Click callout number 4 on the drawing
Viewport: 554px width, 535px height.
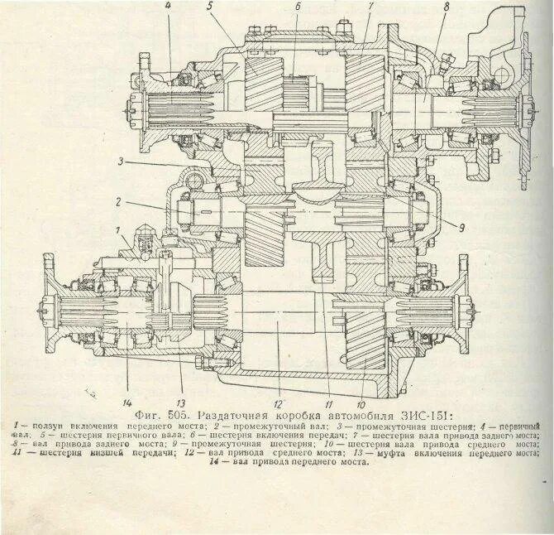tap(168, 6)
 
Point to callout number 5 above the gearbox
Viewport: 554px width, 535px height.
tap(210, 6)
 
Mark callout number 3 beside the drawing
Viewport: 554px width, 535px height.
tap(121, 161)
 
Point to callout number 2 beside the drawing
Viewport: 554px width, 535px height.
tap(119, 201)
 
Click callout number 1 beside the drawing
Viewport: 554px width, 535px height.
tap(119, 229)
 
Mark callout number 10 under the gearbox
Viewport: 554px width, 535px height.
tap(362, 383)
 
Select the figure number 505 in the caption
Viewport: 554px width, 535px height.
tap(178, 411)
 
